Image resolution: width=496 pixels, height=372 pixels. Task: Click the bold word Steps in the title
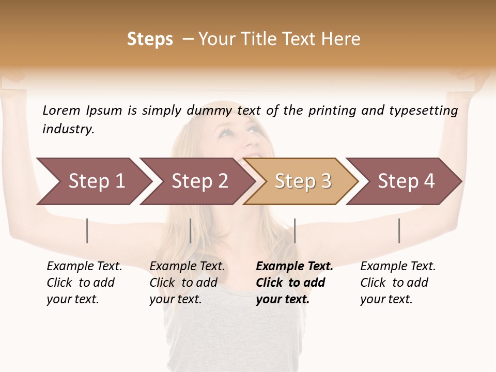click(150, 39)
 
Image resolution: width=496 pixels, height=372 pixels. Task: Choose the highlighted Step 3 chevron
click(303, 181)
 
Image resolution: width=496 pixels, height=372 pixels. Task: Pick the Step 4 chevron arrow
click(406, 181)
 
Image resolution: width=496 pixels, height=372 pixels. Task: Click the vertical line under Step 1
click(87, 230)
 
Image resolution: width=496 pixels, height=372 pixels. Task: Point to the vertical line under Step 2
click(191, 230)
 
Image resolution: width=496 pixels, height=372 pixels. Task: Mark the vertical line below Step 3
click(295, 230)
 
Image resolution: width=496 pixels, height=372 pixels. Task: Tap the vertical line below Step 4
click(399, 230)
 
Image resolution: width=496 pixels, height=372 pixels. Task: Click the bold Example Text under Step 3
click(295, 267)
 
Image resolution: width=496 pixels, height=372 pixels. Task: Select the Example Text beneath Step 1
click(84, 267)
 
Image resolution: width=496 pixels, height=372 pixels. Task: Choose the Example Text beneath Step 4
click(398, 267)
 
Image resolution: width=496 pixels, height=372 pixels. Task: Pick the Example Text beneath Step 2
click(187, 267)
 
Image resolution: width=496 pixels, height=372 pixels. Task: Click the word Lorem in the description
click(61, 111)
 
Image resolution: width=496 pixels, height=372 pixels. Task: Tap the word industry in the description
click(68, 129)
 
